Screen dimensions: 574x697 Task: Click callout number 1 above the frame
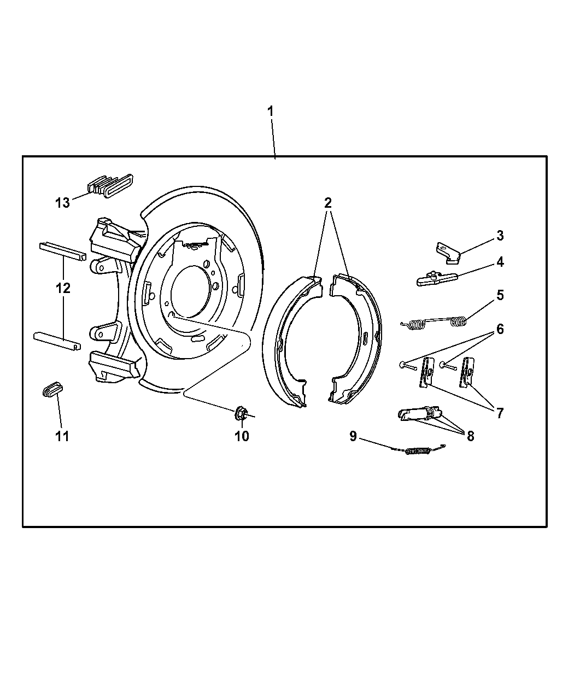click(271, 112)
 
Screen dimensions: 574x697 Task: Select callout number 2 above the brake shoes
click(328, 203)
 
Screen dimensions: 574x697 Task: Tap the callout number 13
click(62, 203)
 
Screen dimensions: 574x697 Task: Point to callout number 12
click(63, 288)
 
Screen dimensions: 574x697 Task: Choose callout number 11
click(62, 436)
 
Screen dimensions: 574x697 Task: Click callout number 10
click(242, 436)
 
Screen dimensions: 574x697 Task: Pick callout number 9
click(353, 436)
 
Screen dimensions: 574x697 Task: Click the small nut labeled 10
click(241, 414)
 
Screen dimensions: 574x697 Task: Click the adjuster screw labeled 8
click(420, 414)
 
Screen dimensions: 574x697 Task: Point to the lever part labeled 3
click(448, 253)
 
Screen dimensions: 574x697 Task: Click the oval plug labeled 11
click(53, 390)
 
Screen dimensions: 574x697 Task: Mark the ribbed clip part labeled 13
click(110, 185)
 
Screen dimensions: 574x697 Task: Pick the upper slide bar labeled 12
click(63, 251)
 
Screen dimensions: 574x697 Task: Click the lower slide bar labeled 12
click(57, 341)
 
